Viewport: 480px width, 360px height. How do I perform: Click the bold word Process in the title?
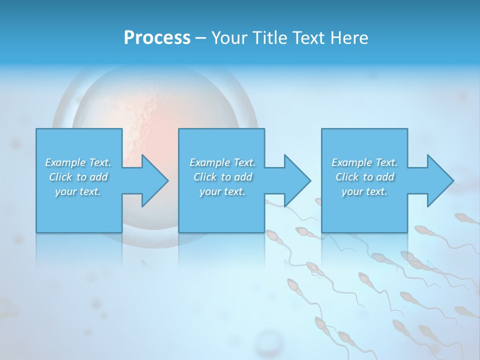pyautogui.click(x=157, y=38)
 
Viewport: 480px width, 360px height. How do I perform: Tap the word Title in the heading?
pyautogui.click(x=268, y=38)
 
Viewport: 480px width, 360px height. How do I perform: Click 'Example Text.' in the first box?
pyautogui.click(x=78, y=162)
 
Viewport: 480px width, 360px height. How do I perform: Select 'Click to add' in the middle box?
pyautogui.click(x=222, y=177)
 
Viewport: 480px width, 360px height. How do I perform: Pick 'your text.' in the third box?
pyautogui.click(x=364, y=191)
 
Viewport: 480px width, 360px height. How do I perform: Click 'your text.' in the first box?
pyautogui.click(x=78, y=191)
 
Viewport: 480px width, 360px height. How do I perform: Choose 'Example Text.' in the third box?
pyautogui.click(x=364, y=162)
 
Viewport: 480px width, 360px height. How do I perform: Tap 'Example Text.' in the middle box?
pyautogui.click(x=222, y=162)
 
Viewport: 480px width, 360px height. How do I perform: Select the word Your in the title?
pyautogui.click(x=228, y=38)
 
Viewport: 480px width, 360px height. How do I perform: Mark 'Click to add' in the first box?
pyautogui.click(x=78, y=177)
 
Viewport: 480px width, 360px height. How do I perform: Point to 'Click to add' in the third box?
pyautogui.click(x=364, y=177)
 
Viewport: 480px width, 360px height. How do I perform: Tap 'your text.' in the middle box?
pyautogui.click(x=222, y=191)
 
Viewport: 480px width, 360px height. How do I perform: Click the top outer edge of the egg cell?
pyautogui.click(x=155, y=67)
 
